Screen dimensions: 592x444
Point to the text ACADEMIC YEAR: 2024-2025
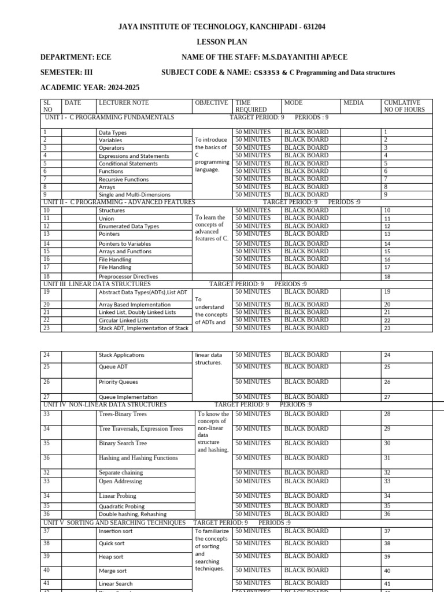(x=90, y=88)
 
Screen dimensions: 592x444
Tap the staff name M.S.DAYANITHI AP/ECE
(x=304, y=57)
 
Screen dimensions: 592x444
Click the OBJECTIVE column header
(x=212, y=102)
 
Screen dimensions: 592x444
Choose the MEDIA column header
(x=353, y=102)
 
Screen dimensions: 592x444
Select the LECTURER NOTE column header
(x=124, y=102)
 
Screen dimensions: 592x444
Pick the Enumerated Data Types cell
(x=128, y=227)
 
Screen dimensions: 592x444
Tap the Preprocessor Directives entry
(x=129, y=277)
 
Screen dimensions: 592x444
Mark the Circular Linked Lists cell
(x=123, y=320)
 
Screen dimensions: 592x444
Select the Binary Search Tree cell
(x=123, y=443)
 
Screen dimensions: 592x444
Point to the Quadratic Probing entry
(x=121, y=506)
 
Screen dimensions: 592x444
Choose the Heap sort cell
(x=112, y=557)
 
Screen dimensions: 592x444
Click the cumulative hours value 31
(x=387, y=458)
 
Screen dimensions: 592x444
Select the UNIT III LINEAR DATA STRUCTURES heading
(x=97, y=284)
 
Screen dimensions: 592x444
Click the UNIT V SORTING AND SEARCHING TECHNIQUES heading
(x=114, y=523)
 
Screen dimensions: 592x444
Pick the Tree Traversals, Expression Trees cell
(x=140, y=428)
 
